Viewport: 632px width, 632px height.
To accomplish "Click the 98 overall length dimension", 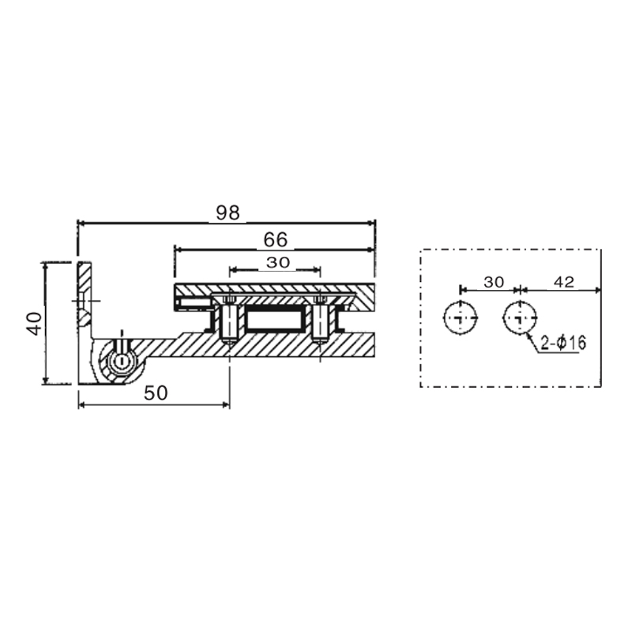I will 227,213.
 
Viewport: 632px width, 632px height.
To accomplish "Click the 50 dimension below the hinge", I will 156,394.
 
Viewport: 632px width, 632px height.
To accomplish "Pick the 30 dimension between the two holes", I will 493,282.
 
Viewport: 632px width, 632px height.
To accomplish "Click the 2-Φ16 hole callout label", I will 563,343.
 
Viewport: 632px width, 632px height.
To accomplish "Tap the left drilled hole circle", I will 461,318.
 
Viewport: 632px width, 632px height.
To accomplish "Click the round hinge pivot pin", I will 122,361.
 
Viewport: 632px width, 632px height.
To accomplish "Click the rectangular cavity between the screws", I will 274,321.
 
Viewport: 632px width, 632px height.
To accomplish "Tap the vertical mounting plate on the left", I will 85,316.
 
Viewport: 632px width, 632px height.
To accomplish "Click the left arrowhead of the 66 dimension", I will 177,249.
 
